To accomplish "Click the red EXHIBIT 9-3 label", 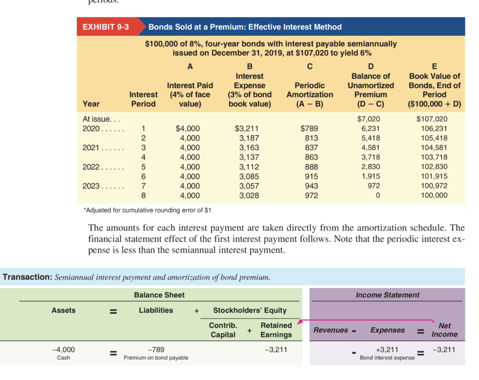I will (105, 27).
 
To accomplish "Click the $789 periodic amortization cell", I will (309, 128).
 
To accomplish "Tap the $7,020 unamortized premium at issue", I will (370, 119).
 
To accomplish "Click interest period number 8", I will (144, 196).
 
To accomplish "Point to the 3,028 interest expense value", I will (249, 196).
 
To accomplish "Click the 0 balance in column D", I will (377, 196).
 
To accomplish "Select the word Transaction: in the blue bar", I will (28, 277).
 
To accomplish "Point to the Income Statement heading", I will (387, 295).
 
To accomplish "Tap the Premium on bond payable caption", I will (156, 358).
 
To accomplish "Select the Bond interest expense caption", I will (387, 358).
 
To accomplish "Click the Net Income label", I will (444, 330).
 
